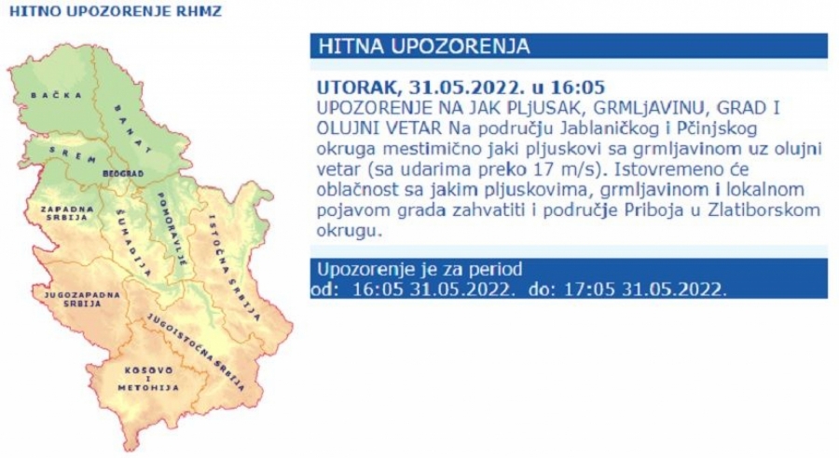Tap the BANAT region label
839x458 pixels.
point(130,128)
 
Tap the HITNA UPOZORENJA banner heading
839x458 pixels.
point(424,47)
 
